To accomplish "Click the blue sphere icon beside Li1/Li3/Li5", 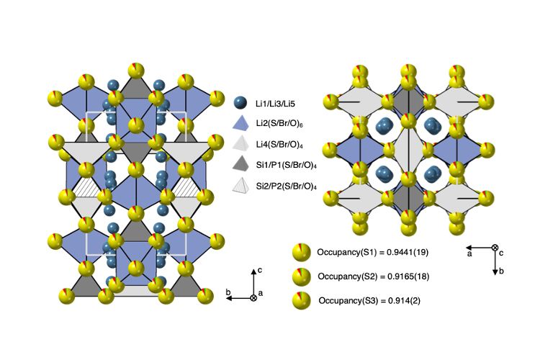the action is [240, 103].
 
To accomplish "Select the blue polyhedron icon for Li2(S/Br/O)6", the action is [240, 123].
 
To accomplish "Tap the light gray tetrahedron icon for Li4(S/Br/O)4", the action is [240, 143].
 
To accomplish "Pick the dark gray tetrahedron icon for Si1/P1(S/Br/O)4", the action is [240, 163].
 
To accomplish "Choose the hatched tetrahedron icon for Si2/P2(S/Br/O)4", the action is [240, 185].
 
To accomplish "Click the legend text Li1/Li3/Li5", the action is [275, 104].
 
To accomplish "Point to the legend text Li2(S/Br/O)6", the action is [279, 124].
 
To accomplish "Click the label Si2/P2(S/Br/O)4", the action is [286, 186].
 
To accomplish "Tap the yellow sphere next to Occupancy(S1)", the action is [302, 253].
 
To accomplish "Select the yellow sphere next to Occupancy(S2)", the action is [302, 276].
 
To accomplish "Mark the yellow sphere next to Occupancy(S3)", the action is [302, 300].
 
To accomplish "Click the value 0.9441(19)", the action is [408, 253].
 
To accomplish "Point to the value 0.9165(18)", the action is [408, 276].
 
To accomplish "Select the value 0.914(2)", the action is [405, 301].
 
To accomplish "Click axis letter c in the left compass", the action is [260, 270].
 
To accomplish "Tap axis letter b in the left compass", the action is [228, 292].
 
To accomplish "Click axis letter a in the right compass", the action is [469, 254].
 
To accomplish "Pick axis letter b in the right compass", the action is [501, 271].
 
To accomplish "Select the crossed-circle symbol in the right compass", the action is [495, 248].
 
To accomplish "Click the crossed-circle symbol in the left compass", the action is [253, 298].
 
